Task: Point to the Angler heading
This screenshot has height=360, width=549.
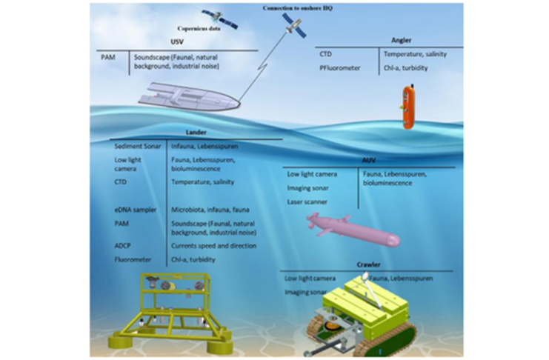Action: tap(400, 40)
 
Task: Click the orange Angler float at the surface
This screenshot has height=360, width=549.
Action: tap(407, 108)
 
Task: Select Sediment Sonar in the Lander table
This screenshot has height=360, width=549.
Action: tap(137, 146)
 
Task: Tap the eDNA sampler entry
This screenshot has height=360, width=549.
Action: tap(136, 210)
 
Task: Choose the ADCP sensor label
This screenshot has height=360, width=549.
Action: tap(123, 246)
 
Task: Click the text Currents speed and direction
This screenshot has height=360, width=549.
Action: tap(213, 246)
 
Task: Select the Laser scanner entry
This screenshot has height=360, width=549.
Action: tap(307, 200)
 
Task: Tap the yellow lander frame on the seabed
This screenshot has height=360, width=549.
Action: tap(176, 311)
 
